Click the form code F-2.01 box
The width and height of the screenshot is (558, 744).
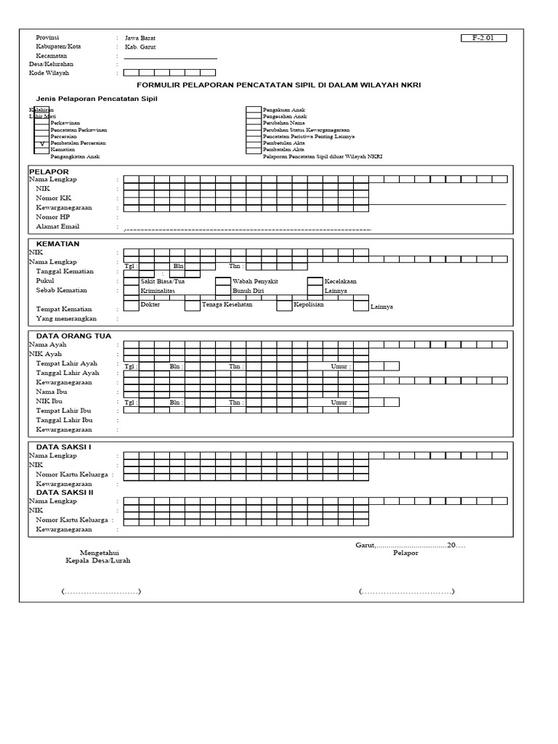click(483, 38)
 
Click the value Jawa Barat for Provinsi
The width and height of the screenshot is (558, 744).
click(139, 38)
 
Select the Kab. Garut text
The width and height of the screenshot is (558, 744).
click(139, 46)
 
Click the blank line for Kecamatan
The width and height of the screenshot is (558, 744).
click(170, 56)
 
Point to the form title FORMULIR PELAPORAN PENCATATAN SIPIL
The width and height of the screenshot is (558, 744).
click(279, 85)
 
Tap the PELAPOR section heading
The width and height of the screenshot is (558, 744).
click(49, 171)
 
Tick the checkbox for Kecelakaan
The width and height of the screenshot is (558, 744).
click(315, 281)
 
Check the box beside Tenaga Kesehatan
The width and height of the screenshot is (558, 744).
click(192, 306)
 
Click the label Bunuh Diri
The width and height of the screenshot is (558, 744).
click(248, 291)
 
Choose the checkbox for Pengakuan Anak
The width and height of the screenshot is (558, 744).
click(253, 110)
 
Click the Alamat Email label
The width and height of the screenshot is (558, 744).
click(57, 227)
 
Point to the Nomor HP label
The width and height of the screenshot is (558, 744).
click(53, 217)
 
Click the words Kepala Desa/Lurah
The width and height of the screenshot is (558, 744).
click(98, 561)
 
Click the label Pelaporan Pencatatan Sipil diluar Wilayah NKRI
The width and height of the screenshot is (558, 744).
click(323, 157)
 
